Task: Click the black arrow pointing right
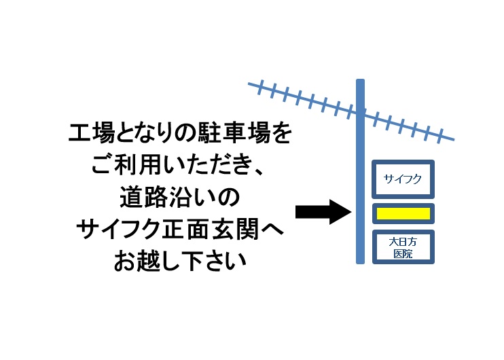(x=323, y=212)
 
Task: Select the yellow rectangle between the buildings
(x=403, y=214)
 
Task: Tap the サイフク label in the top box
(x=402, y=179)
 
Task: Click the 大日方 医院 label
(x=403, y=247)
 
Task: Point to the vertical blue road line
(x=360, y=171)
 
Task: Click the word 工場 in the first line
(x=92, y=132)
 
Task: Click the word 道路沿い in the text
(x=168, y=197)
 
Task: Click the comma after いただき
(x=258, y=171)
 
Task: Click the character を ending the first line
(x=281, y=132)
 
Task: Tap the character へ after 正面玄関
(x=272, y=229)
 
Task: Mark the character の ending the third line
(x=228, y=197)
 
